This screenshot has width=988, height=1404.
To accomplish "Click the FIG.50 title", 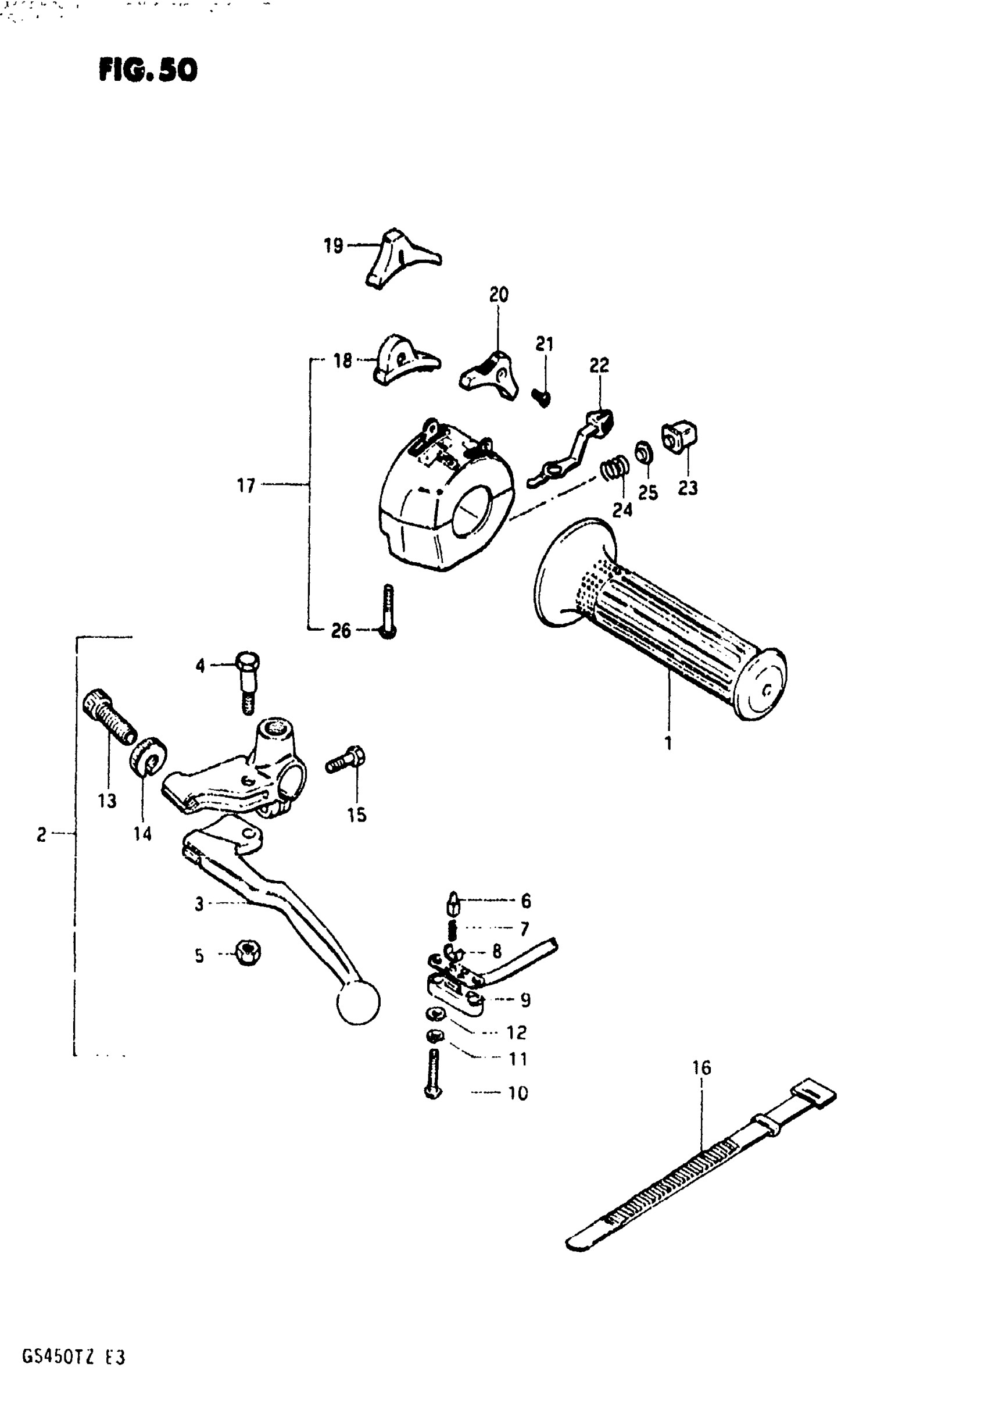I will tap(148, 70).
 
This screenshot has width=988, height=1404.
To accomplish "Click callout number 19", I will tap(333, 246).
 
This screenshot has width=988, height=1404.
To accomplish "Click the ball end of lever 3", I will tap(358, 1003).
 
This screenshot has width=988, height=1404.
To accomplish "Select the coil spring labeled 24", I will tap(614, 469).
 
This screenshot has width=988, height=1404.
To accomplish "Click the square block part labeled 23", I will tap(680, 437).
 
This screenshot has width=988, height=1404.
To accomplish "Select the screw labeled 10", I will tap(433, 1074).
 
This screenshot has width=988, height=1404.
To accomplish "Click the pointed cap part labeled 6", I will tap(453, 902).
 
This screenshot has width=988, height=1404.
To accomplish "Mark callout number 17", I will tap(246, 485).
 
